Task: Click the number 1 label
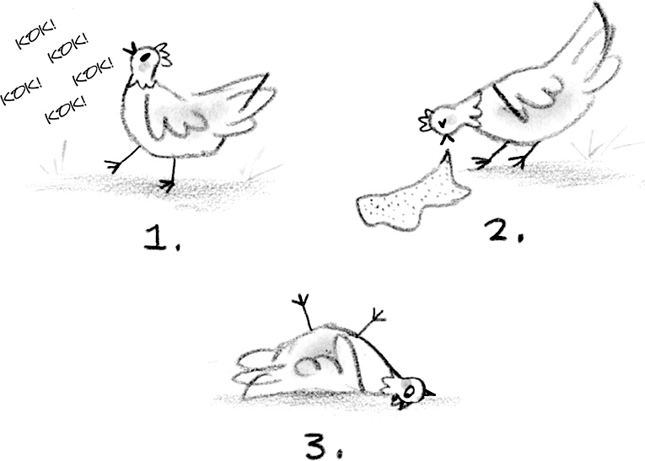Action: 162,239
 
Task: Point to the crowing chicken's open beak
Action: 130,49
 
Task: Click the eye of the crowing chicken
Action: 144,54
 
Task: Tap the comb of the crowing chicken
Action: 163,53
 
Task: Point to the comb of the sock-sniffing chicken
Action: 426,120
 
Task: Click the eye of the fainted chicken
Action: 409,392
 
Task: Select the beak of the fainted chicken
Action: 429,393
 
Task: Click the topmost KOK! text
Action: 35,35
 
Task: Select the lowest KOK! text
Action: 66,110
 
